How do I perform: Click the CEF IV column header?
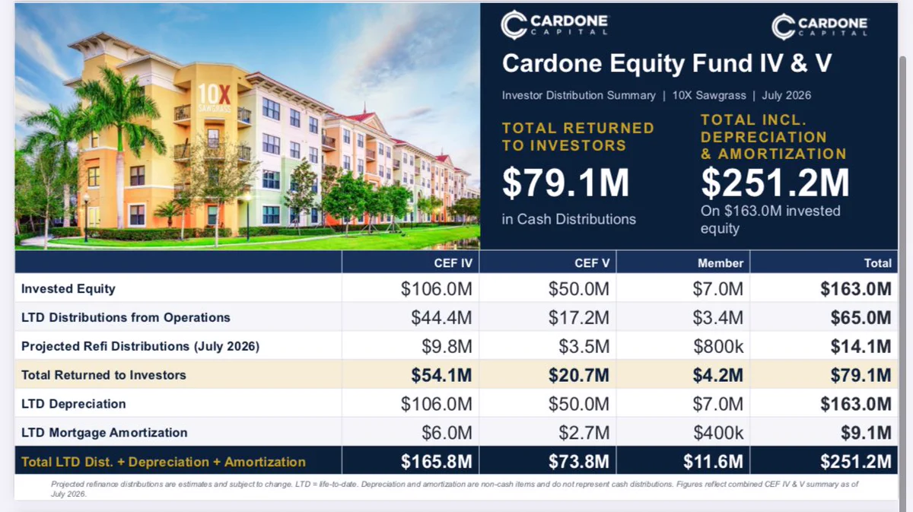[x=453, y=263]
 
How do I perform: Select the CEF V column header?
[x=592, y=263]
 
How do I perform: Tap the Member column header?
[x=721, y=263]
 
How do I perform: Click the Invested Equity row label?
[x=68, y=288]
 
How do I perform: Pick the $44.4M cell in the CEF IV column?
[x=441, y=317]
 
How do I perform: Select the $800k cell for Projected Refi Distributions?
[x=718, y=346]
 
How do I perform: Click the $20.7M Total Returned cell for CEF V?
[x=579, y=375]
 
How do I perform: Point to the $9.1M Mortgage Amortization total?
[x=866, y=433]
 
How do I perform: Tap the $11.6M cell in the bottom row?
[x=714, y=462]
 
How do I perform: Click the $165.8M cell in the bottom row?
[x=436, y=462]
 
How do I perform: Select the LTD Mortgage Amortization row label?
[x=104, y=433]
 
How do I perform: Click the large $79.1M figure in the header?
[x=566, y=183]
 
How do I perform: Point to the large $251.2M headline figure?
[x=775, y=183]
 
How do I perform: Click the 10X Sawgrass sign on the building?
[x=214, y=98]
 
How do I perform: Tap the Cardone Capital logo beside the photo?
[x=555, y=25]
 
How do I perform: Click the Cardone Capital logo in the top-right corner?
[x=819, y=27]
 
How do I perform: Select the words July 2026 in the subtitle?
[x=786, y=95]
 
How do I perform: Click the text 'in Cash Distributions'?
[x=568, y=219]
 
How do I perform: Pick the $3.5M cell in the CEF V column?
[x=584, y=346]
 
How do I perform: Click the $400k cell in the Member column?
[x=718, y=433]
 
